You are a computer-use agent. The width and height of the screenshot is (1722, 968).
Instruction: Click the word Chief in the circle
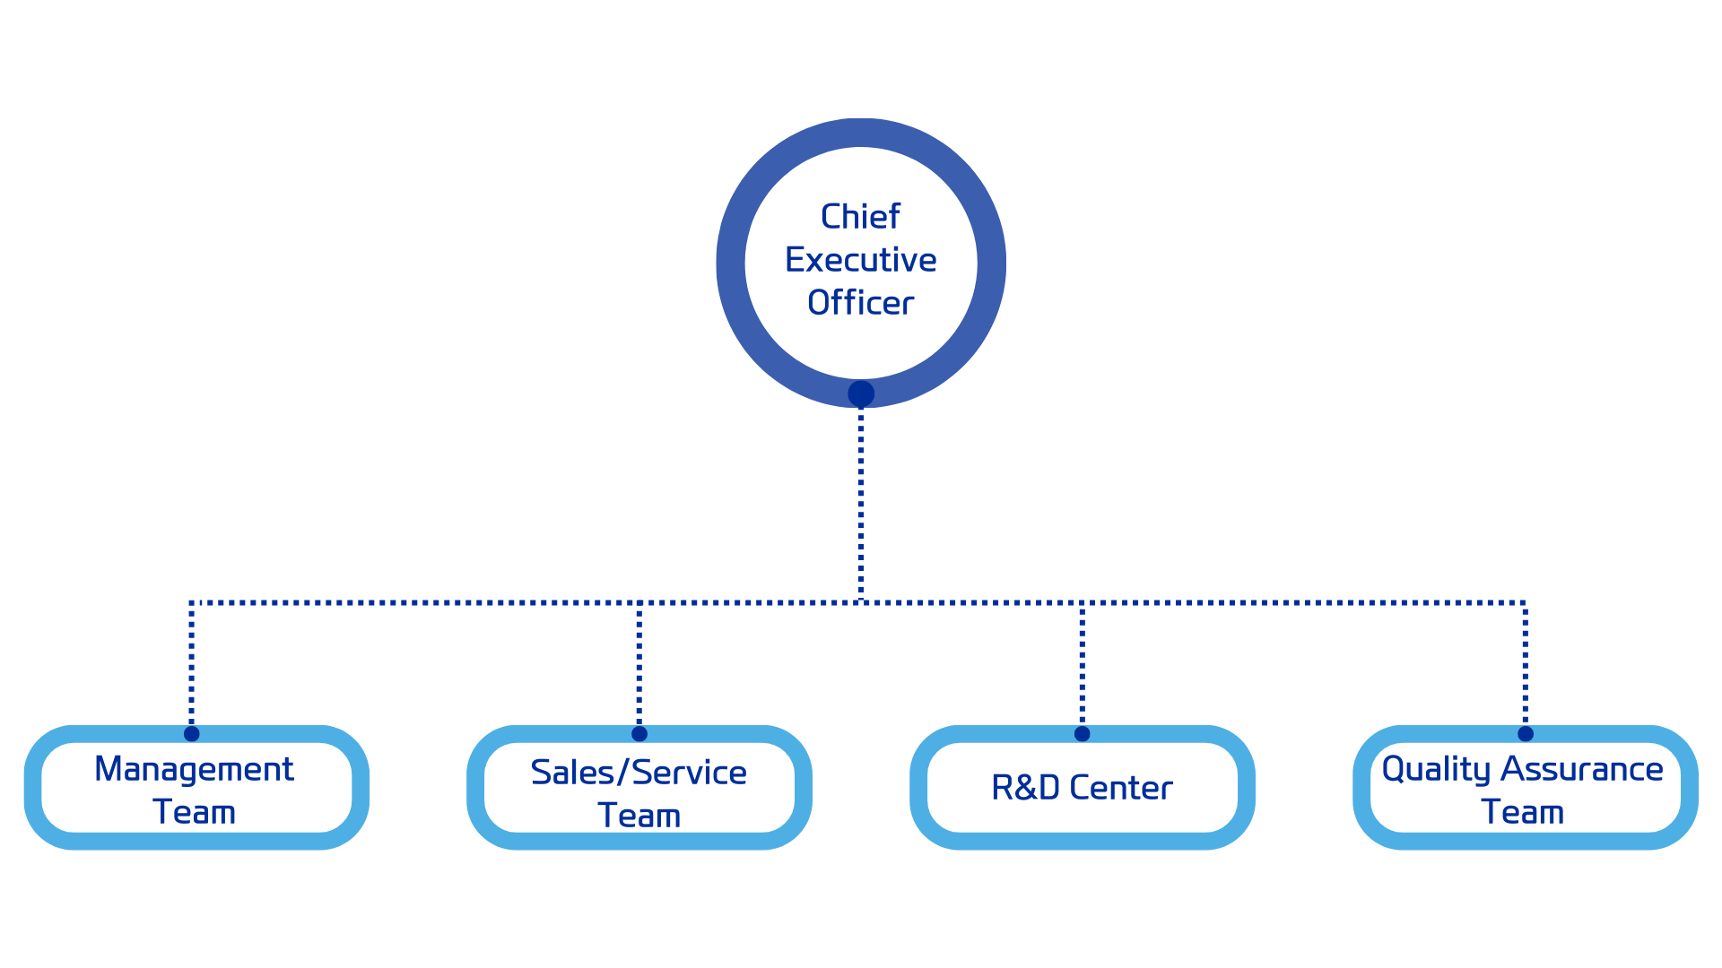(860, 217)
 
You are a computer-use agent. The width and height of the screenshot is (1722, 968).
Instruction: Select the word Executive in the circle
(860, 260)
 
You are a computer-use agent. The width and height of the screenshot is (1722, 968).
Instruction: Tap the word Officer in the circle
(860, 303)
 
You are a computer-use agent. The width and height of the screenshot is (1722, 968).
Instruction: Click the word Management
(194, 769)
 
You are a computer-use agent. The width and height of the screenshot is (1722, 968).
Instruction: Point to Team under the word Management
(194, 812)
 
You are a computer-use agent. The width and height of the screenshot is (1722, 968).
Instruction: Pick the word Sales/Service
(639, 773)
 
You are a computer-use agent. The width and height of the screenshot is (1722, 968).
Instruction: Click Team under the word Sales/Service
(639, 816)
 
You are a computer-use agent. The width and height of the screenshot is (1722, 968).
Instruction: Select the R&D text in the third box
(1025, 788)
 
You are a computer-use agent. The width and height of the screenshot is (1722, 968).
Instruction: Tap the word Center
(1121, 788)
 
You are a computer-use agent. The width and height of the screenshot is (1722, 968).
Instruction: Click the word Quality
(1436, 769)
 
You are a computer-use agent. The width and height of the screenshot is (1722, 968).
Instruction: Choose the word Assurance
(1582, 769)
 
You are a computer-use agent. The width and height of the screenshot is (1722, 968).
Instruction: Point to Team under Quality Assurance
(1522, 812)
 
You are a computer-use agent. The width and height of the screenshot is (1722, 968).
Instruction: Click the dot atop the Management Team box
(192, 734)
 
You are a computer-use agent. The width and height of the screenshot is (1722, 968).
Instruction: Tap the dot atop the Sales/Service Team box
(639, 734)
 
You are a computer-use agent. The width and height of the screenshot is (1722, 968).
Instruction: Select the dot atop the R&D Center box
(1083, 734)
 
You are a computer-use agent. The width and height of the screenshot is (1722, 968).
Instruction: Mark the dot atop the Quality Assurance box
(1526, 734)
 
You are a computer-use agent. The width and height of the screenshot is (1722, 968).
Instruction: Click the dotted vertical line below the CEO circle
(861, 502)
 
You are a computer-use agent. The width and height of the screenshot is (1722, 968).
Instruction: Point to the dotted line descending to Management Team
(192, 663)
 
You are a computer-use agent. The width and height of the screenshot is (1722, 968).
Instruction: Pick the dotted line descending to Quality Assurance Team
(1525, 663)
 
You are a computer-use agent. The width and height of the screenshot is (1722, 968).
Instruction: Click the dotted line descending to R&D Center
(1083, 663)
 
